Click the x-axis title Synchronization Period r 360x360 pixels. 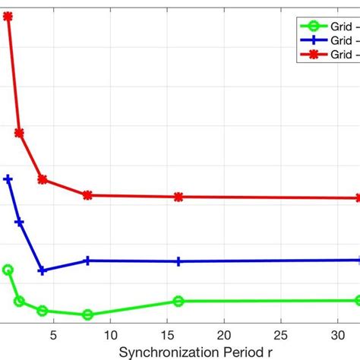tap(194, 352)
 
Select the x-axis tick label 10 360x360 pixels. tap(110, 335)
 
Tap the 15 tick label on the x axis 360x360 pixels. tap(167, 335)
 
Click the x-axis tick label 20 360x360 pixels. tap(224, 335)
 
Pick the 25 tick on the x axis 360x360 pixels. tap(281, 335)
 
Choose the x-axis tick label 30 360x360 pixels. tap(338, 335)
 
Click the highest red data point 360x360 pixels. tap(8, 16)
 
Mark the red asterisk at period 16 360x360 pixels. tap(178, 197)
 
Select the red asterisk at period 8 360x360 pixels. tap(87, 195)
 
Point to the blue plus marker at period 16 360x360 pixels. tap(178, 261)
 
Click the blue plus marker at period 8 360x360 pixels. tap(87, 260)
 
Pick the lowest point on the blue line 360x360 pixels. tap(42, 270)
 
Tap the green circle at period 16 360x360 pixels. tap(178, 302)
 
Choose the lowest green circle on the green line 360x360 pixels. tap(87, 314)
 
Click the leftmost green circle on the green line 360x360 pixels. tap(8, 270)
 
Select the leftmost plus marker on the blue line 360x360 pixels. tap(8, 179)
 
